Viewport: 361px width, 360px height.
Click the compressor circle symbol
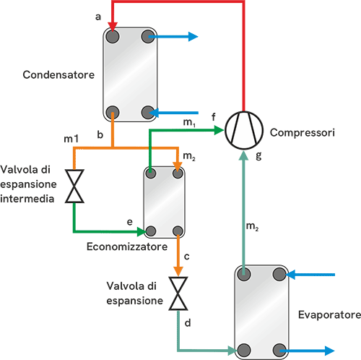tap(244, 130)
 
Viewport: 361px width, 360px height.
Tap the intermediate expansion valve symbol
tap(74, 186)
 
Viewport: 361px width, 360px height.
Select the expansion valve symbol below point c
tap(178, 293)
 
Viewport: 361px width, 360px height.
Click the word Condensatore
tap(58, 74)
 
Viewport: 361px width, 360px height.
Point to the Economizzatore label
tap(127, 247)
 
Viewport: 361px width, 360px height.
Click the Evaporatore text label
tap(329, 314)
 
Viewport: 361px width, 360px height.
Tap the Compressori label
tap(303, 132)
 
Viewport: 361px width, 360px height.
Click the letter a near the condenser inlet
tap(98, 17)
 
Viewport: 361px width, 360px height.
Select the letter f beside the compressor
tap(214, 117)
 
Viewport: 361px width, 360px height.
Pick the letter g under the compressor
tap(258, 156)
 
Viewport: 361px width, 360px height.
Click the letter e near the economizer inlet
tap(130, 222)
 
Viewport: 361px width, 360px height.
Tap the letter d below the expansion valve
tap(188, 322)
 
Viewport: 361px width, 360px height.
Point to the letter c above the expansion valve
tap(186, 257)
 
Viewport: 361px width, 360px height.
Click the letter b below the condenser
tap(100, 134)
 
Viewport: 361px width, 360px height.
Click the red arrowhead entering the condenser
tap(113, 26)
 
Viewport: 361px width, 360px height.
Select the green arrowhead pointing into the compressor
tap(219, 130)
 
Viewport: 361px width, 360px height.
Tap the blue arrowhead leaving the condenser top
tap(193, 37)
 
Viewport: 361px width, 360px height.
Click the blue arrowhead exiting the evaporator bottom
tap(330, 351)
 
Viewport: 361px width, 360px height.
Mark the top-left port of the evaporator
tap(244, 275)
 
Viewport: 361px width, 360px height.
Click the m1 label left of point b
tap(71, 139)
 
